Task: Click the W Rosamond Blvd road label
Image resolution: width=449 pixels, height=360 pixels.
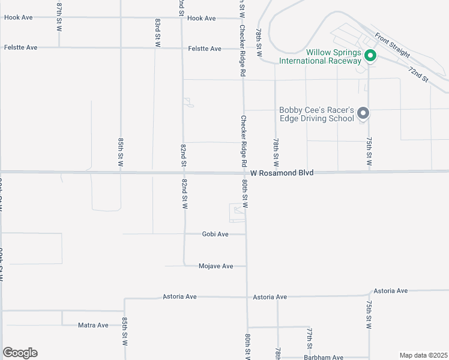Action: tap(282, 173)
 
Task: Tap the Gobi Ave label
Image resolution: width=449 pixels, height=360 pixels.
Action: tap(215, 234)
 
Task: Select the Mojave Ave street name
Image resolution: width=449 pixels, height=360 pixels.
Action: tap(215, 266)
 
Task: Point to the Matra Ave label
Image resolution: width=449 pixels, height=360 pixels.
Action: tap(93, 325)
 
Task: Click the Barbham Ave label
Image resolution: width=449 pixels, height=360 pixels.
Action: tap(324, 358)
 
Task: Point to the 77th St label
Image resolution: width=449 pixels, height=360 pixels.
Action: tap(309, 338)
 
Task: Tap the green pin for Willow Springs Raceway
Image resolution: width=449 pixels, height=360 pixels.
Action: tap(370, 56)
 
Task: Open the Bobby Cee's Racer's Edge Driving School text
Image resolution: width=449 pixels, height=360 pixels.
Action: tap(316, 114)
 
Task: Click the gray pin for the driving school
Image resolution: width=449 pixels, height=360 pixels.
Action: tap(363, 113)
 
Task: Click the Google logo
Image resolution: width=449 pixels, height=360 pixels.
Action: tap(20, 353)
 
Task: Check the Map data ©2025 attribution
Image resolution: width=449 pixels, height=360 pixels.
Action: tap(423, 355)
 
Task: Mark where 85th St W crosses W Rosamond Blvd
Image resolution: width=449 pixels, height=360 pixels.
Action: tap(121, 172)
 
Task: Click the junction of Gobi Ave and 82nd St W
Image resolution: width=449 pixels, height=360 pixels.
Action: tap(184, 234)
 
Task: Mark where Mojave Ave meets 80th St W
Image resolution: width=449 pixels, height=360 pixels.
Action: tap(246, 266)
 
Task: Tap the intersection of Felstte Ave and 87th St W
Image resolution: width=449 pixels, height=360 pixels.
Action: tap(59, 47)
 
